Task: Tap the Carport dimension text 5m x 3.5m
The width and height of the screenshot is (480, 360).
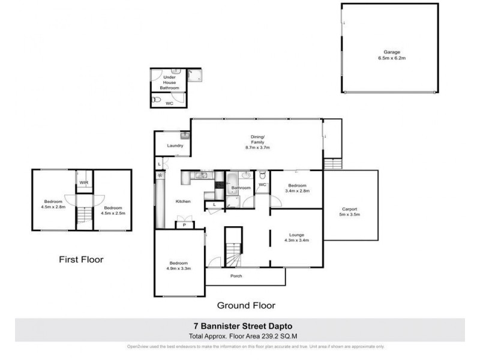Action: (x=351, y=214)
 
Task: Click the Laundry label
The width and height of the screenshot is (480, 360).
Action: (x=175, y=146)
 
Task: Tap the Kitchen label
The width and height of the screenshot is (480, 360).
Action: (x=183, y=202)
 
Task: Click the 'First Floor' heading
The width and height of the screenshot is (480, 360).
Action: (x=81, y=260)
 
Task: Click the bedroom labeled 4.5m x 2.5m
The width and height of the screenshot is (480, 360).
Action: (x=113, y=211)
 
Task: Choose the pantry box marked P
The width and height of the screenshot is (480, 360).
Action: (x=184, y=225)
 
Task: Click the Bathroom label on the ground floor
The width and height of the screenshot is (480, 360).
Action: (x=241, y=188)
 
